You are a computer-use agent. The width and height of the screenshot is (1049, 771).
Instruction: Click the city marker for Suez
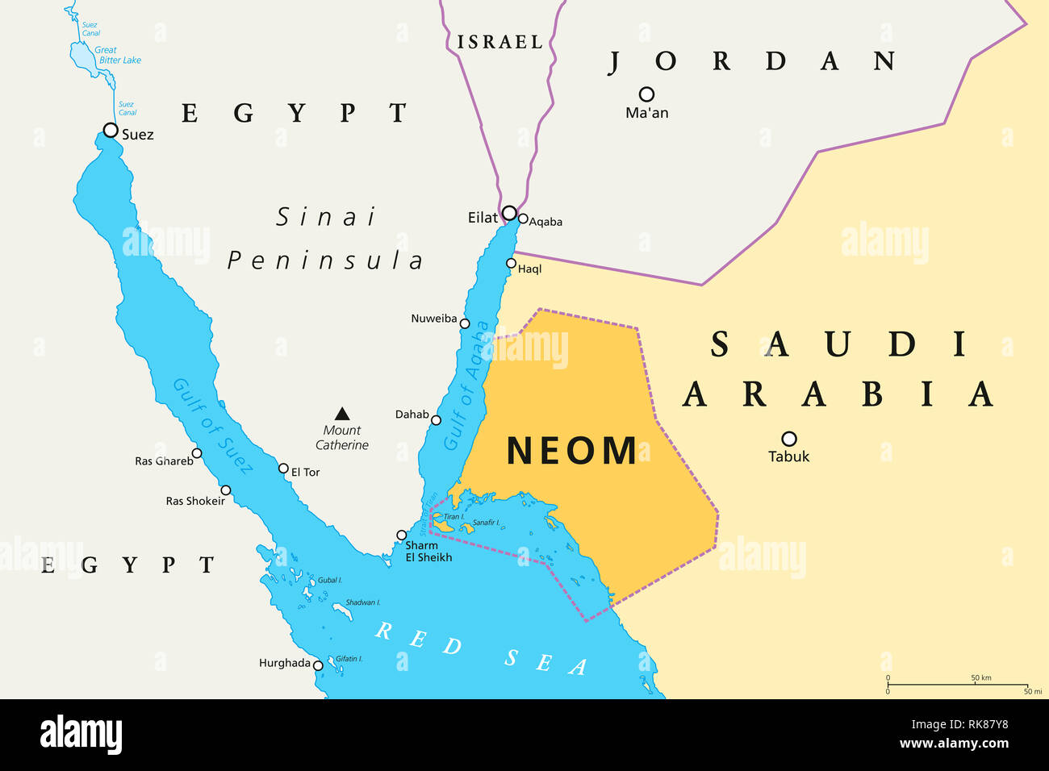[111, 130]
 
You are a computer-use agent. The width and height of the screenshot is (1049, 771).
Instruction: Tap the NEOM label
[571, 451]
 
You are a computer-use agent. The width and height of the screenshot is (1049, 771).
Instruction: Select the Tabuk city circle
[789, 439]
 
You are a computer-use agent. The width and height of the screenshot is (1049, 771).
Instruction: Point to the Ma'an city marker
[646, 94]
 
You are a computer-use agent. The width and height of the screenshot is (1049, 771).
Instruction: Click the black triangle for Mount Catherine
[342, 414]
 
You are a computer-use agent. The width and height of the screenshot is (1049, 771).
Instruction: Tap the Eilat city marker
[509, 213]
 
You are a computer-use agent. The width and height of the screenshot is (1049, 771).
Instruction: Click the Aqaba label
[545, 222]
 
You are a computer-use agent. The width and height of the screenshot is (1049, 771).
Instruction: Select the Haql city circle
[511, 263]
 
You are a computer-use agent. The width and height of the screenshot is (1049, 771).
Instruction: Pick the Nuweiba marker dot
[465, 323]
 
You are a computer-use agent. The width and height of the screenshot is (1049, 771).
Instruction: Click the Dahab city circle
[436, 419]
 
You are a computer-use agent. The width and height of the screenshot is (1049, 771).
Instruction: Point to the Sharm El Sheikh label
[428, 552]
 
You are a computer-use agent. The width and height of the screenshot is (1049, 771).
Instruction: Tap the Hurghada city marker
[318, 665]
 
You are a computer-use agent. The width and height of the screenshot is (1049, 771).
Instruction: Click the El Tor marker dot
[283, 469]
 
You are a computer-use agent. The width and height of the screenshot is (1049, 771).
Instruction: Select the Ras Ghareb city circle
[196, 453]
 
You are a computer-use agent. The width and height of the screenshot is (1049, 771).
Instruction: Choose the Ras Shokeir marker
[226, 490]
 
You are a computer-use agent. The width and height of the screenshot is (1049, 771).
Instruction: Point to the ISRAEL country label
[500, 42]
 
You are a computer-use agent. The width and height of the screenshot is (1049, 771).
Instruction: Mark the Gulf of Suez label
[213, 425]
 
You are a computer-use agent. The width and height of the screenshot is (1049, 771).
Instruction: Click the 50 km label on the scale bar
[980, 678]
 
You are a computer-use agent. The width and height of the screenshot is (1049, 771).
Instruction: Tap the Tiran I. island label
[453, 517]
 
